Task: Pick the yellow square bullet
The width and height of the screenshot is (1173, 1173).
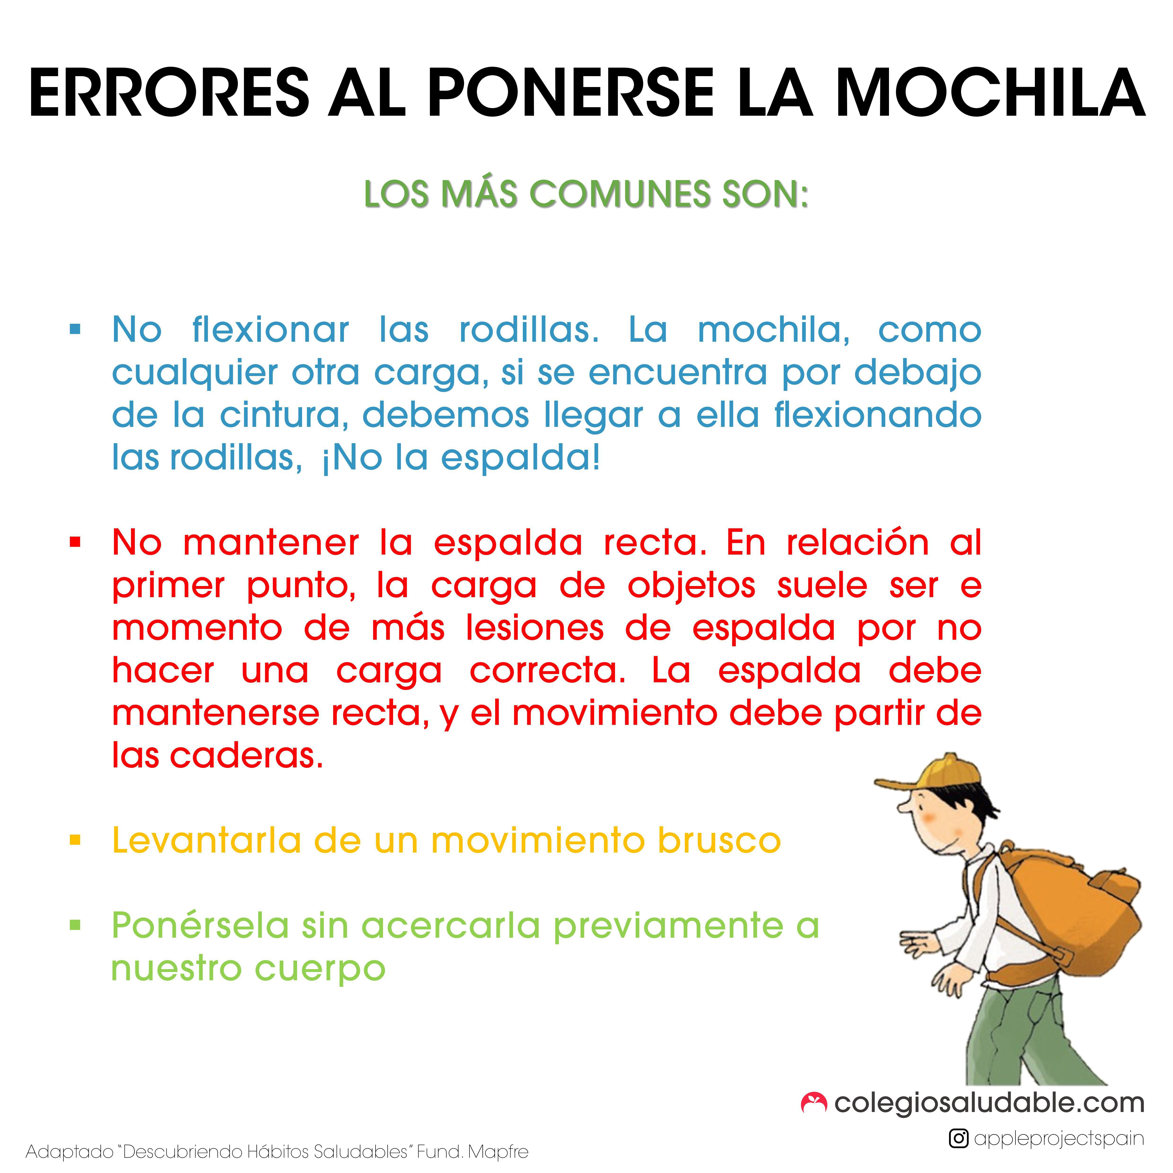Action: [75, 840]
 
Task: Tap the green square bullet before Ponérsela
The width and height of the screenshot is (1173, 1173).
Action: [75, 925]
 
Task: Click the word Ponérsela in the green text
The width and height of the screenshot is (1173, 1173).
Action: [200, 925]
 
